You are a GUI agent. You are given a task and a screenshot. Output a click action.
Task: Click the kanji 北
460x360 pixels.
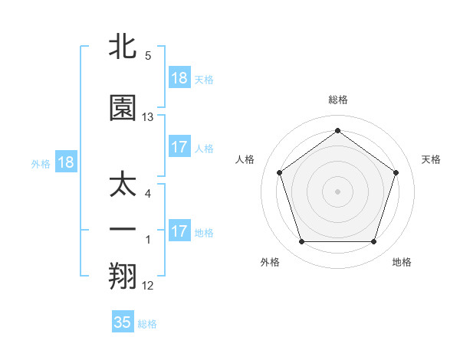click(x=123, y=47)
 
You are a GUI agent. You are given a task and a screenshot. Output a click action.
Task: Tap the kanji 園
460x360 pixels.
click(x=123, y=108)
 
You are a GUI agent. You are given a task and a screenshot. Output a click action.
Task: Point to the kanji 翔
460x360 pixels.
click(x=123, y=277)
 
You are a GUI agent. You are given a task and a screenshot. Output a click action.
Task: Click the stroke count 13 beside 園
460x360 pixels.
click(x=148, y=117)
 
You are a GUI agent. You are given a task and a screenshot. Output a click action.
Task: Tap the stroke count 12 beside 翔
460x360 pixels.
click(x=148, y=286)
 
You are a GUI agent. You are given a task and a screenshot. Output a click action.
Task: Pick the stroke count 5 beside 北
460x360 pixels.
click(x=148, y=56)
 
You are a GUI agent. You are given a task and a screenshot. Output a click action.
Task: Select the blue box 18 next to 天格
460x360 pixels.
click(x=179, y=78)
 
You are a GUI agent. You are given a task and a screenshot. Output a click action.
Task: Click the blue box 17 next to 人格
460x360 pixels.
click(x=179, y=147)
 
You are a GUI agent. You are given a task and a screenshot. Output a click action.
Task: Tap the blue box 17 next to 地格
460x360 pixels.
click(x=179, y=231)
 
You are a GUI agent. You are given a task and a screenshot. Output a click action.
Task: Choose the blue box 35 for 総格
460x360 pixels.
click(x=123, y=322)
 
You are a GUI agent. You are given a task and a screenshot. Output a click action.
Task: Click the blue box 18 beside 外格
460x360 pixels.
click(x=65, y=162)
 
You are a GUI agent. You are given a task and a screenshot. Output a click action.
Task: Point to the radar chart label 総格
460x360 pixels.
click(x=338, y=100)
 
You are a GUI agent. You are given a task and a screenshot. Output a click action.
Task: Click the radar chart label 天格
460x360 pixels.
click(x=431, y=159)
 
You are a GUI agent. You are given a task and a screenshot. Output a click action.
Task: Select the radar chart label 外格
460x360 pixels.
click(x=269, y=262)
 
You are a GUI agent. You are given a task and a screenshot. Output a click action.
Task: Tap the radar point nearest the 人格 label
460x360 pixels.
click(x=280, y=172)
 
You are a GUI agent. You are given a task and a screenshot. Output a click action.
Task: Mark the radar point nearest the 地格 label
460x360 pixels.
click(x=374, y=242)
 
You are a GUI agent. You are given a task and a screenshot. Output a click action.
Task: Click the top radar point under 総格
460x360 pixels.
click(x=338, y=130)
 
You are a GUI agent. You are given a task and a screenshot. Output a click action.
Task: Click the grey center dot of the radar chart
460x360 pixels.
click(x=338, y=191)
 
